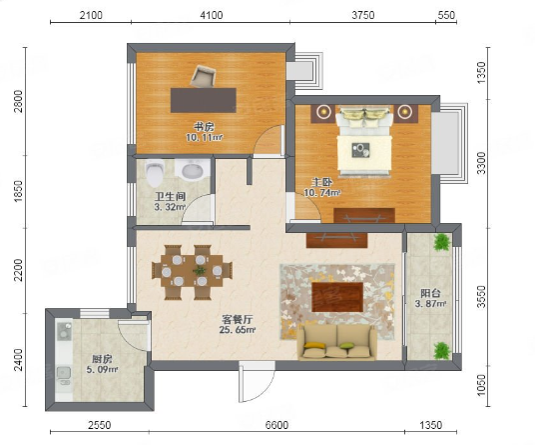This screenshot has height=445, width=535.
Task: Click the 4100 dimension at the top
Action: tap(212, 15)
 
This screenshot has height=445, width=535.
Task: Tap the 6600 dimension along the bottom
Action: tap(276, 425)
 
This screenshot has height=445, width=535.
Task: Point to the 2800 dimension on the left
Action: tap(18, 101)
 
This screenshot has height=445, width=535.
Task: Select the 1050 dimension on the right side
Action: tap(481, 385)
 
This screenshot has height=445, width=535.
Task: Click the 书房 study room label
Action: tap(204, 127)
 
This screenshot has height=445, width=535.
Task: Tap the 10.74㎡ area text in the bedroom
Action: tap(322, 193)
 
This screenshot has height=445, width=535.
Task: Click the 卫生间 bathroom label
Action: tap(170, 197)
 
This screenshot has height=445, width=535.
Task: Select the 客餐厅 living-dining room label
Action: tap(238, 320)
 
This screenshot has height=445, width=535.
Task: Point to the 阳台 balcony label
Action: tap(430, 293)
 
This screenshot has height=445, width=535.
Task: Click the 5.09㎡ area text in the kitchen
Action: tap(102, 369)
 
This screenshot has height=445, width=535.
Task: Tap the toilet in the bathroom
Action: tap(155, 173)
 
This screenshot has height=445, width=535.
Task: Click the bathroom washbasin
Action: tap(193, 170)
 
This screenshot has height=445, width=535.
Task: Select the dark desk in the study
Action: tap(204, 100)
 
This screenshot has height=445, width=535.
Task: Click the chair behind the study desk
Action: tap(203, 76)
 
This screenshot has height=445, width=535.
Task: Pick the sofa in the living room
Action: tap(336, 342)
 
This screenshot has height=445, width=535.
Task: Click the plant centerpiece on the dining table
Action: tap(200, 271)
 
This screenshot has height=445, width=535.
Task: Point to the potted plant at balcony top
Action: tap(442, 242)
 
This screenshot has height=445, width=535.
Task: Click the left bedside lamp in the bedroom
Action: tap(323, 111)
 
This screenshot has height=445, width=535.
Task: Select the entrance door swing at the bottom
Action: tap(257, 382)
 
